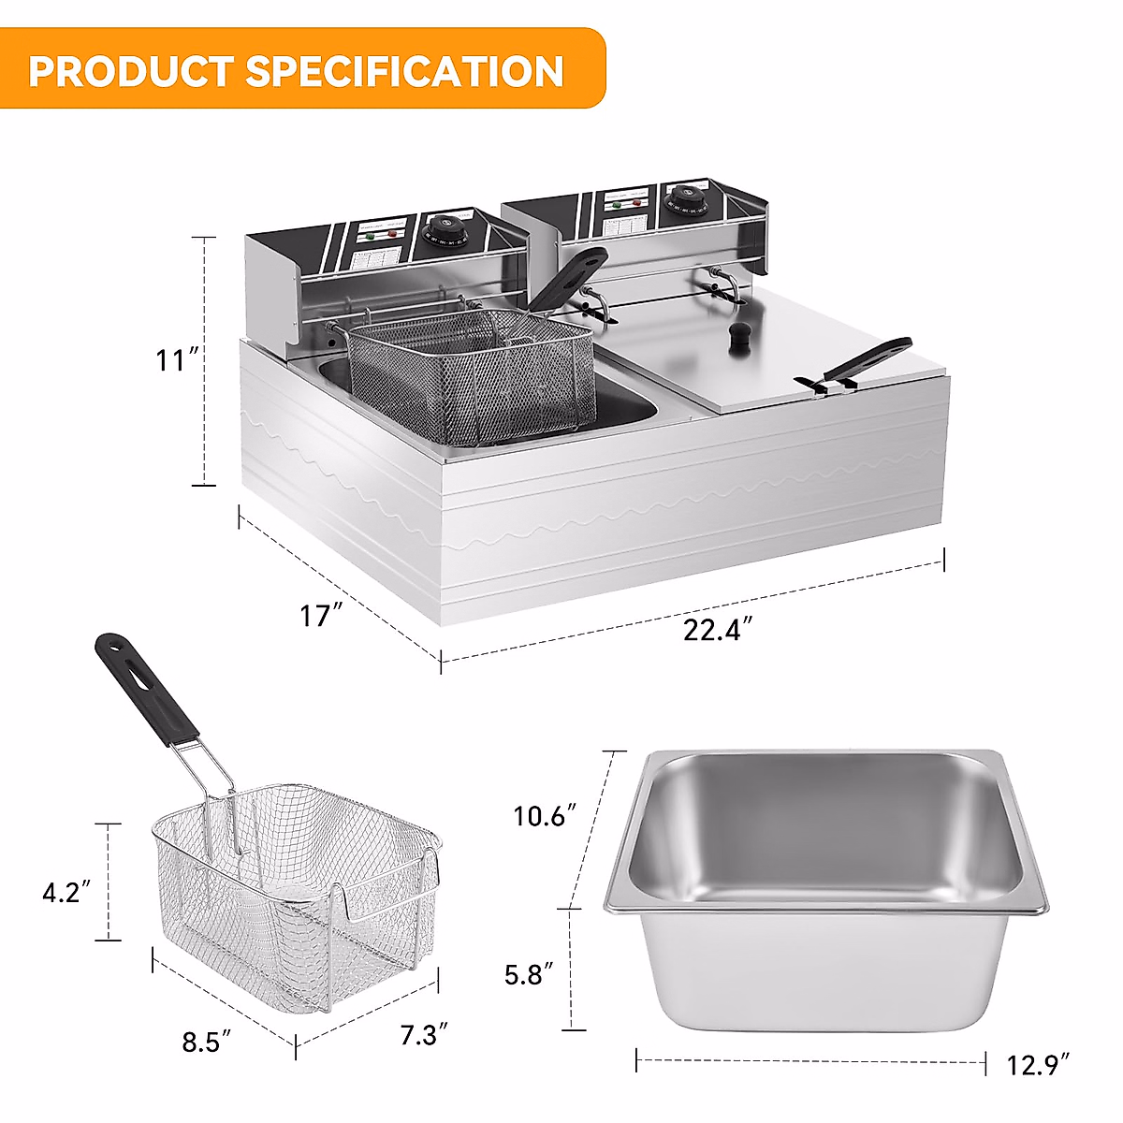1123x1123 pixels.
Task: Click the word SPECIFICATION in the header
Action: tap(405, 71)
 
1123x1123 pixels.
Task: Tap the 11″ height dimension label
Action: tap(177, 359)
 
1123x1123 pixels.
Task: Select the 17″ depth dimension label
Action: tap(321, 616)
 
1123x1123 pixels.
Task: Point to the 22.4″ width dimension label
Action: tap(718, 630)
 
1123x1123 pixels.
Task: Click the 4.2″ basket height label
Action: tap(66, 892)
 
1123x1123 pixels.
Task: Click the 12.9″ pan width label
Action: tap(1039, 1065)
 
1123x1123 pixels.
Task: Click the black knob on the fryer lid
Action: tap(741, 336)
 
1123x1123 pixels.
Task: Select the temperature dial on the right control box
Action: tap(680, 199)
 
